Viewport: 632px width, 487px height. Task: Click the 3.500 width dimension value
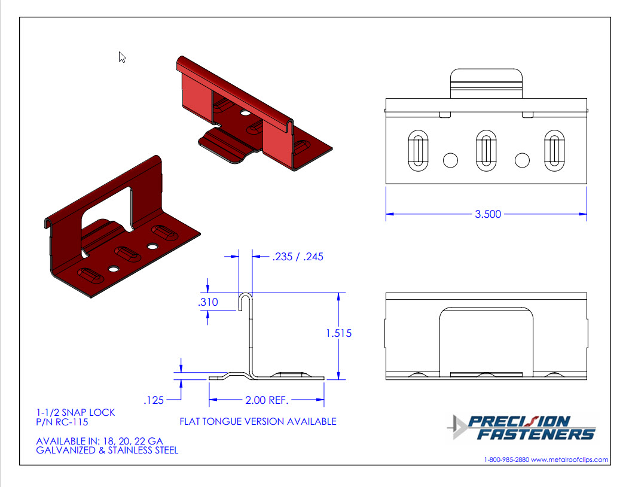point(488,214)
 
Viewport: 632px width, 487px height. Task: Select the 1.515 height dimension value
point(338,333)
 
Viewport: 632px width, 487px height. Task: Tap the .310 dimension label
point(208,302)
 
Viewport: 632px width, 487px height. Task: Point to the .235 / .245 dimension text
point(298,257)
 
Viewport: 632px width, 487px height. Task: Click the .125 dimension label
point(154,400)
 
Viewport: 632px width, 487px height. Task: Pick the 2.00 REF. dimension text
point(267,400)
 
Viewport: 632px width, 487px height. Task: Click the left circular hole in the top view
point(450,160)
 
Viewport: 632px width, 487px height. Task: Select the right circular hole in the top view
point(522,160)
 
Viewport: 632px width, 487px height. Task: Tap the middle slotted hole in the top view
point(486,151)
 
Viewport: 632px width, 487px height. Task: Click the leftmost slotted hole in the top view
point(418,151)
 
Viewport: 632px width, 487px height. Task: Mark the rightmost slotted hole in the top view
point(554,151)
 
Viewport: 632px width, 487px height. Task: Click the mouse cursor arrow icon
point(122,57)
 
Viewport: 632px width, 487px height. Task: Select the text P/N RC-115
point(62,422)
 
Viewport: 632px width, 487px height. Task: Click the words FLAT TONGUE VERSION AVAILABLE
point(258,422)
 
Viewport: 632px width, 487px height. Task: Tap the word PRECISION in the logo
point(519,422)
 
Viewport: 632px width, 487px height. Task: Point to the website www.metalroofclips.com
point(570,459)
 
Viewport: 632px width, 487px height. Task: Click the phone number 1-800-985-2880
point(506,459)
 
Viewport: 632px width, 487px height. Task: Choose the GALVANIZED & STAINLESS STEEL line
point(107,451)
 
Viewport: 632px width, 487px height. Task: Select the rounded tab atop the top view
point(486,83)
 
